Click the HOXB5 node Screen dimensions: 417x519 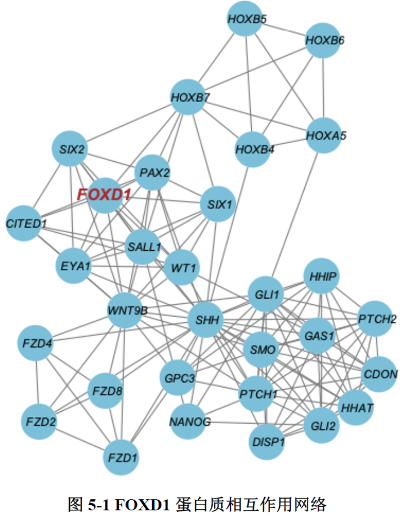tap(247, 19)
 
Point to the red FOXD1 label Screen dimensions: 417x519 tap(104, 195)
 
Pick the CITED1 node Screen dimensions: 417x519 tap(25, 224)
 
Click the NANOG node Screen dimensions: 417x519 tap(189, 423)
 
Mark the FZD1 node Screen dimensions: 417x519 tap(121, 458)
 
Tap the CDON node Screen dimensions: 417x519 tap(379, 374)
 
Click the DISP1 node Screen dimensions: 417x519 tap(267, 442)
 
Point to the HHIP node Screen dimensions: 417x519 tap(321, 276)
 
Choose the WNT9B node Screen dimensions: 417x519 tap(126, 310)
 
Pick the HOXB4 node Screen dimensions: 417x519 tap(254, 149)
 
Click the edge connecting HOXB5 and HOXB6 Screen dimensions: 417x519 tap(286, 30)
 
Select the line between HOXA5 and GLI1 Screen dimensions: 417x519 tap(295, 215)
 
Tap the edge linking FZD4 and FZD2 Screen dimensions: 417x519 tap(36, 383)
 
